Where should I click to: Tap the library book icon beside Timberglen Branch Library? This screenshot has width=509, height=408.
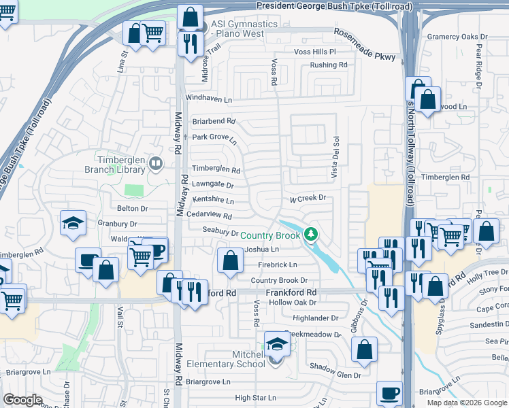[x=156, y=163]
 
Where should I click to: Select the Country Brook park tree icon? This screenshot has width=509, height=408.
[x=311, y=235]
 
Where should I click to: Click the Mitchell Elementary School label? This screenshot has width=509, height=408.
[x=231, y=358]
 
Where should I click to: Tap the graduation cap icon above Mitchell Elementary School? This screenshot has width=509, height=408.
[x=276, y=345]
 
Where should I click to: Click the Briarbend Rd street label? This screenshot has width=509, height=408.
[x=214, y=122]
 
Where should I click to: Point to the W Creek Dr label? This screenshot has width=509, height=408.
[x=308, y=198]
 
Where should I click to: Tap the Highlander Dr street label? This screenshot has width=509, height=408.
[x=315, y=318]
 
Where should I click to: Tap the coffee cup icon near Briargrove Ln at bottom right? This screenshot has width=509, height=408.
[x=390, y=392]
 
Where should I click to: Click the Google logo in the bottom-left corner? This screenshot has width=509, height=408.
[x=22, y=400]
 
